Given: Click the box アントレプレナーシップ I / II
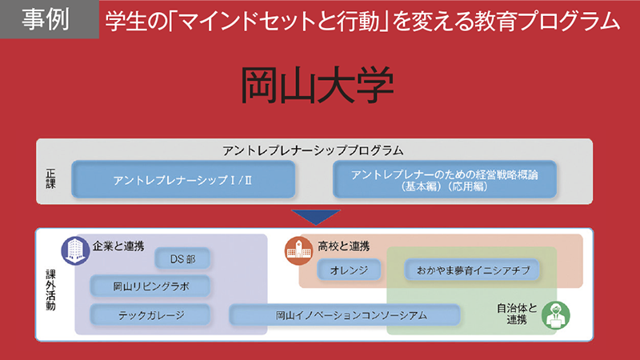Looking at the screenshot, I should [183, 180].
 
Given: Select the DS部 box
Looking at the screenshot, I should [183, 258].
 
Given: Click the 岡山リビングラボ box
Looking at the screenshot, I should [150, 286].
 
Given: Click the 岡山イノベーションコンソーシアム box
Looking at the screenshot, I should [346, 314].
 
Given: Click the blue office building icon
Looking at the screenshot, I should [74, 250].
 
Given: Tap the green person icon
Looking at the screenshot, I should [552, 314].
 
